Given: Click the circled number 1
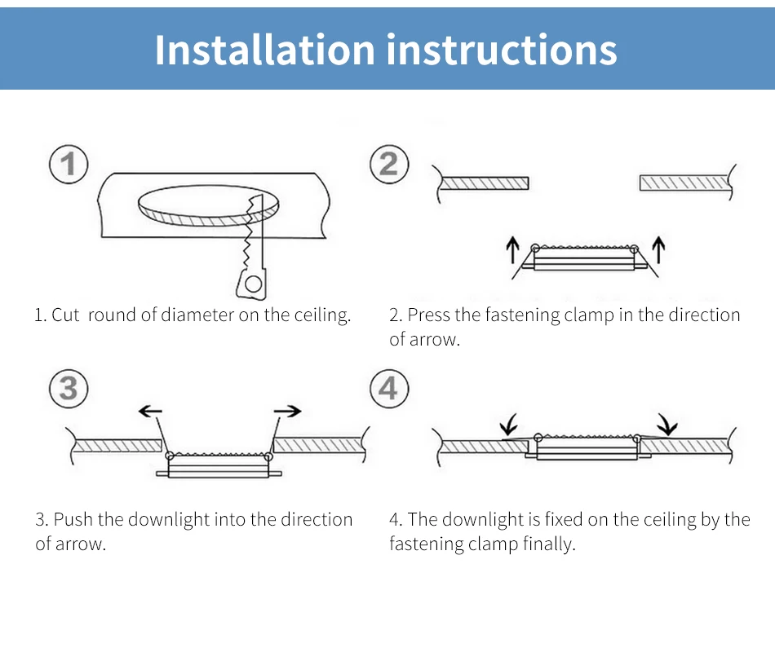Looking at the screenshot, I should click(69, 164).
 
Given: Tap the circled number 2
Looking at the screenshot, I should click(388, 164).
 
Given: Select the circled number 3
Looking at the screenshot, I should click(69, 388).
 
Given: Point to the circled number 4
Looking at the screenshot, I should click(388, 388).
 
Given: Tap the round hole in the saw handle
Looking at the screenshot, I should click(254, 284).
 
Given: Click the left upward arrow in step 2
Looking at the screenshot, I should click(513, 249).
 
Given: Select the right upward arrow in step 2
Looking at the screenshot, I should click(659, 249).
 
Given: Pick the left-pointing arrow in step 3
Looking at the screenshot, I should click(149, 412).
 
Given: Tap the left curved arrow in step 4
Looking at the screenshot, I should click(510, 425).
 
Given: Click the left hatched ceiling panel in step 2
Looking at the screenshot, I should click(485, 183).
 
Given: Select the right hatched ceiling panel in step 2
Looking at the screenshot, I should click(684, 183).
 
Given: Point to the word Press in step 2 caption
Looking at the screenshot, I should click(428, 315).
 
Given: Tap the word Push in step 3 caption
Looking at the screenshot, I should click(73, 520).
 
